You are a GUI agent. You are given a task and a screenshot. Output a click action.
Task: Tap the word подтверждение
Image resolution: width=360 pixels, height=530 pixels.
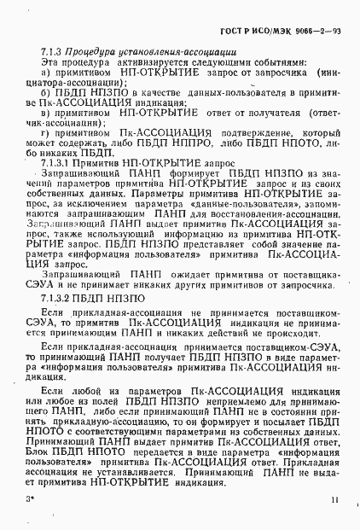pos(249,135)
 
